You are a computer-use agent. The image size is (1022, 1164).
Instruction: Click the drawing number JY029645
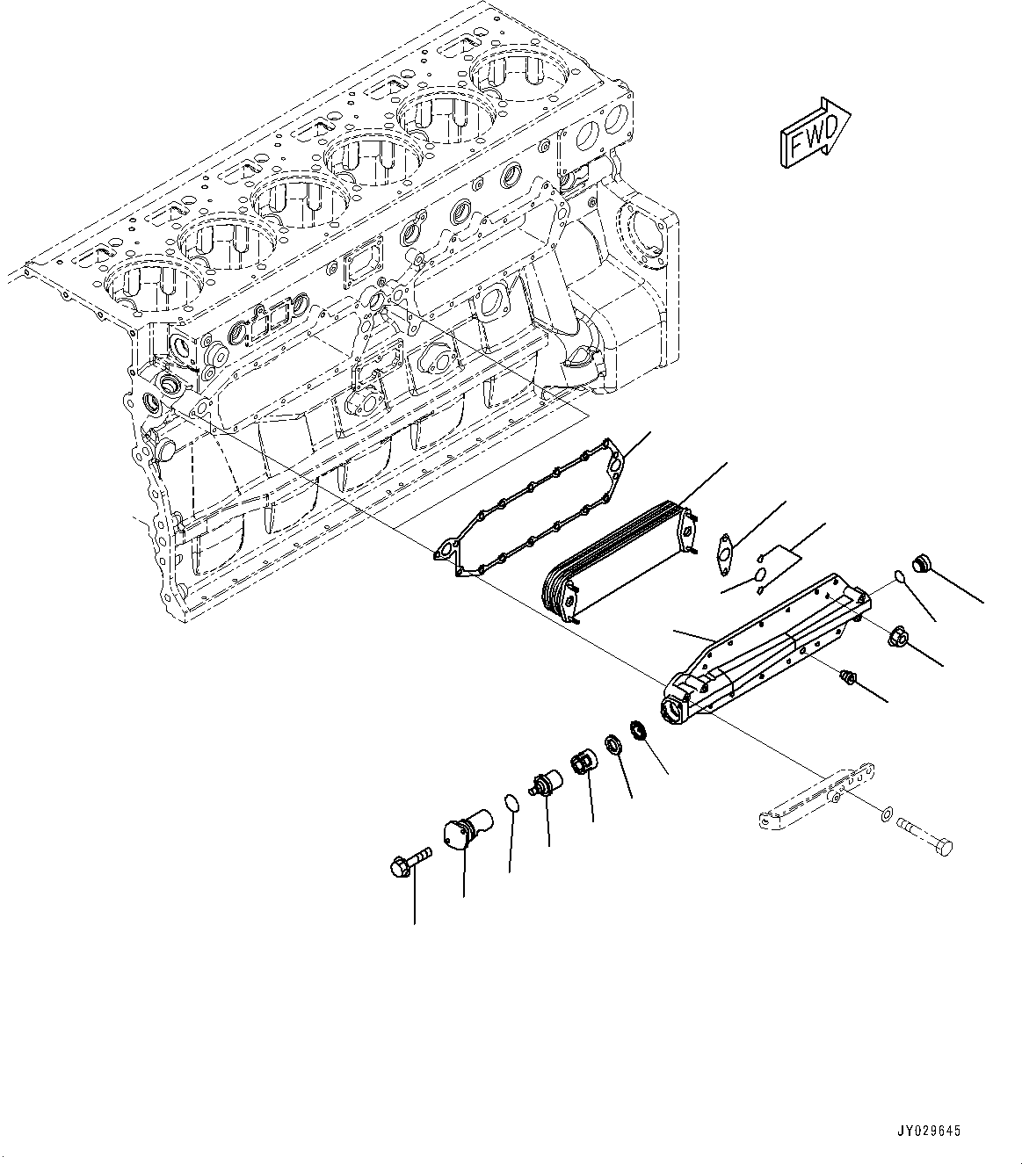pyautogui.click(x=928, y=1131)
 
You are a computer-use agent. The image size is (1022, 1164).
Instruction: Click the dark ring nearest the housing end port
pyautogui.click(x=639, y=729)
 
